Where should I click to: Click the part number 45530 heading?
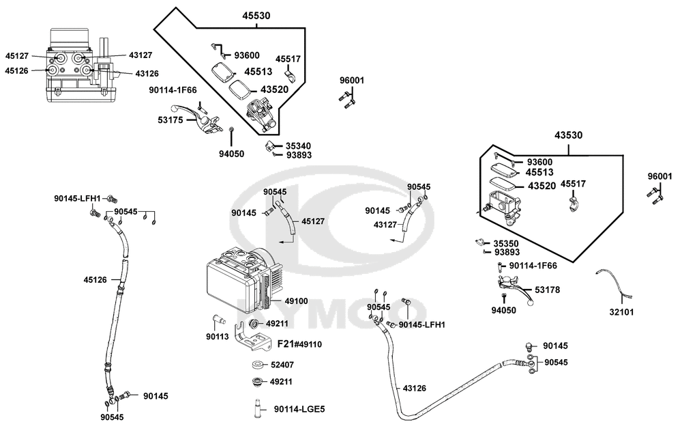(x=256, y=15)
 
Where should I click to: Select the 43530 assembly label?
(x=568, y=136)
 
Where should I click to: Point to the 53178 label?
(x=548, y=290)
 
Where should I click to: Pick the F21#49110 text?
(x=299, y=344)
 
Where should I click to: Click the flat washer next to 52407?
(x=258, y=364)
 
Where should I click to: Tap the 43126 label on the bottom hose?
(x=415, y=389)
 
